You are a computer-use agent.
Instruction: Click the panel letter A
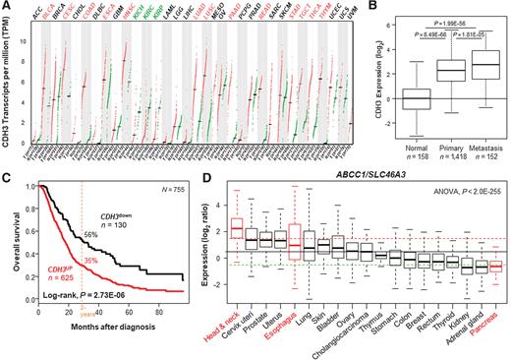click(x=7, y=7)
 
